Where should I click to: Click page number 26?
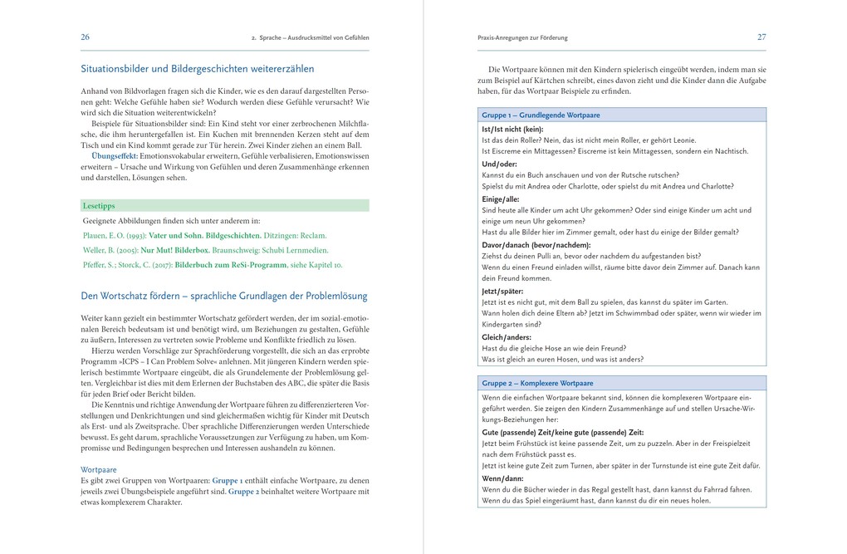tap(85, 37)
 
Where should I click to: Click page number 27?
tap(761, 37)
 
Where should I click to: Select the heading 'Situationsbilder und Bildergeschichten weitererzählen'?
tap(197, 69)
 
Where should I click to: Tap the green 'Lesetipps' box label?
tap(99, 205)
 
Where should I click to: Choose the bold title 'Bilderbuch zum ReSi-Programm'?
tap(232, 265)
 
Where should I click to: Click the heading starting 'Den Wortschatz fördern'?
tap(223, 296)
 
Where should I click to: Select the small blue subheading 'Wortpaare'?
tap(98, 469)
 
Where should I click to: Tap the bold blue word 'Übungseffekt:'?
tap(115, 156)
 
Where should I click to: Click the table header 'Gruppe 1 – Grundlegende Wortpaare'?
tap(541, 115)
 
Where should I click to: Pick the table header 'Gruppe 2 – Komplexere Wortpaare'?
tap(537, 384)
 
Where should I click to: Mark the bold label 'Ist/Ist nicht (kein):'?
tap(512, 130)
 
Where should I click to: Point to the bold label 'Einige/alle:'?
tap(501, 199)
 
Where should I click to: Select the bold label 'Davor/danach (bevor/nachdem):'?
tap(536, 246)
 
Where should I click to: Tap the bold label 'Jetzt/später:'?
tap(502, 292)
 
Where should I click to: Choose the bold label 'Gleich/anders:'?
tap(505, 337)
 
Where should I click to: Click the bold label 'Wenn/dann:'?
tap(502, 478)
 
